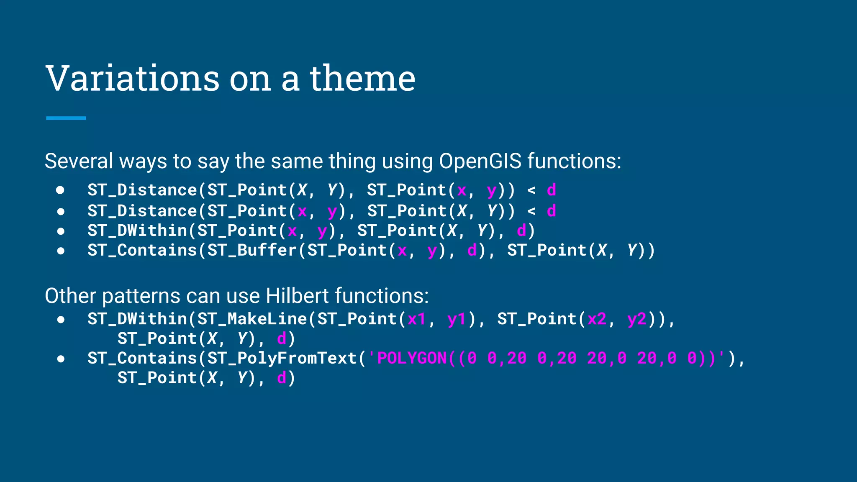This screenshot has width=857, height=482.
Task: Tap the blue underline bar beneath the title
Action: click(66, 118)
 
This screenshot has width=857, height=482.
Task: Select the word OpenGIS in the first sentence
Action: click(480, 161)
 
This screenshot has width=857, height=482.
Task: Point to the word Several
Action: click(79, 161)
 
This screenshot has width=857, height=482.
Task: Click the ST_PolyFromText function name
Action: click(282, 358)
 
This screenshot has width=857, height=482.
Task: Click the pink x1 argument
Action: click(416, 319)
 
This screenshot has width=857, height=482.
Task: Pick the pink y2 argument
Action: click(636, 319)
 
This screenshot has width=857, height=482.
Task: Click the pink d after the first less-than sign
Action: click(552, 190)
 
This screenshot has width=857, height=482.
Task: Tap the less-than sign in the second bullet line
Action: click(531, 211)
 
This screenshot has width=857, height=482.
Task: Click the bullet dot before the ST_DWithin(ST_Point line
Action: click(61, 231)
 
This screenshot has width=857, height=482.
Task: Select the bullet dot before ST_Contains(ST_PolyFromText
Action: click(61, 359)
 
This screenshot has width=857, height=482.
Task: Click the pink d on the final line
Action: click(282, 378)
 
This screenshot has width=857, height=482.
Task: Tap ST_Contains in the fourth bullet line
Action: click(142, 250)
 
